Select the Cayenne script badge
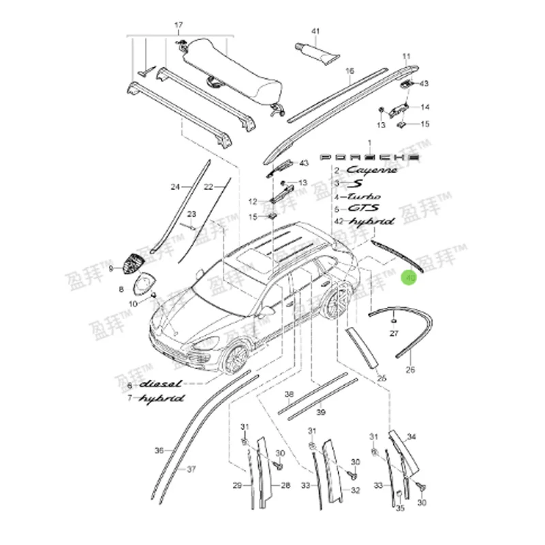point(371,170)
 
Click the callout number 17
point(179,27)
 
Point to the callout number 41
point(315,31)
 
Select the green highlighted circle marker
point(409,278)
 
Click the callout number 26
point(409,371)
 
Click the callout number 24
point(174,187)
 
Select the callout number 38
point(289,394)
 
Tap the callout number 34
point(411,437)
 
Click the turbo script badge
point(363,196)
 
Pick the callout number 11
point(407,55)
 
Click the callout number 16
point(349,71)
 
